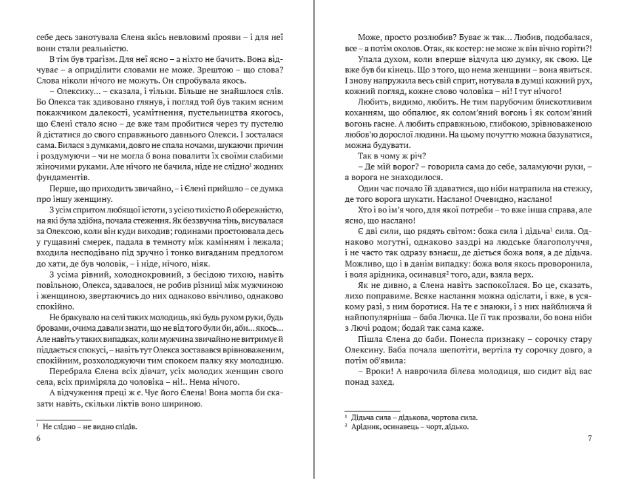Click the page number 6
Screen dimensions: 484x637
click(x=38, y=439)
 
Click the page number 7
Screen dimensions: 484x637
click(x=590, y=439)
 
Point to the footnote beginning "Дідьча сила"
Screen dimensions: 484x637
click(x=414, y=418)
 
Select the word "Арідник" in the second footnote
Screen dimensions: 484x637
click(x=367, y=427)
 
